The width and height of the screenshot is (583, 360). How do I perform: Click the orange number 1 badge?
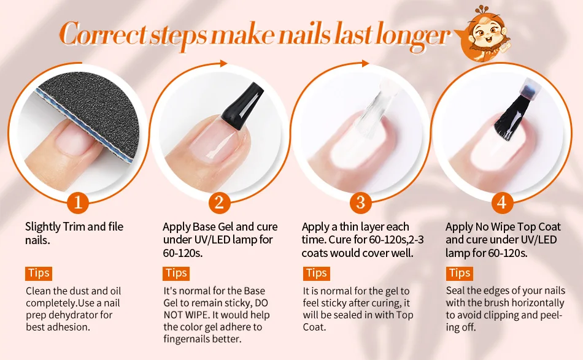click(x=78, y=202)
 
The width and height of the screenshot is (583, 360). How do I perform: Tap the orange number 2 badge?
click(x=219, y=202)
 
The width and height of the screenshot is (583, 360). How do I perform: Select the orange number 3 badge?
click(x=360, y=202)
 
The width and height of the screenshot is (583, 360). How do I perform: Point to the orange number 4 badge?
click(x=501, y=202)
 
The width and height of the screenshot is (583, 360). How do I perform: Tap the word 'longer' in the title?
click(x=413, y=36)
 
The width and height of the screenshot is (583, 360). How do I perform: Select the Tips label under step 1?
click(x=39, y=274)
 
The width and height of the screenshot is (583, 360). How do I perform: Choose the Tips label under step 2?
click(x=176, y=274)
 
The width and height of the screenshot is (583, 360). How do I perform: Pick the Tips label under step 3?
click(x=317, y=274)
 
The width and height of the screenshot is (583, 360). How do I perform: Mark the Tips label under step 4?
click(x=460, y=274)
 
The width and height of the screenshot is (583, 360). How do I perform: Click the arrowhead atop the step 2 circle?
click(x=223, y=63)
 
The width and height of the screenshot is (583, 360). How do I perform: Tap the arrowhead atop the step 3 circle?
click(x=365, y=64)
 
